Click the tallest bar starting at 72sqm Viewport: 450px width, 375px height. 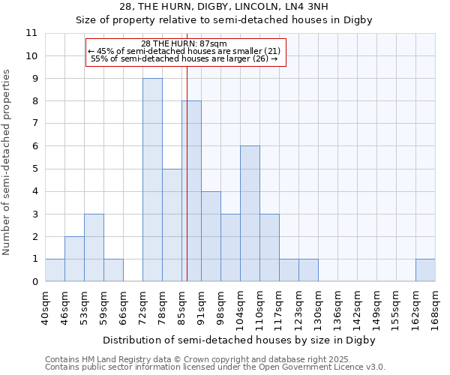tap(152, 180)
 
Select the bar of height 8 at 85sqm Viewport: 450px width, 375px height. tap(191, 191)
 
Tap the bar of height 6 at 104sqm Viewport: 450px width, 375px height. tap(250, 214)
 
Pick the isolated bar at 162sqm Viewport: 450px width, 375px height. tap(425, 270)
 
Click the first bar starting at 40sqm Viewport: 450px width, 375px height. tap(55, 270)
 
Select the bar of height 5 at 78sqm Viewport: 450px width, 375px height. tap(172, 225)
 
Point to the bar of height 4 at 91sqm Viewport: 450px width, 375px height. tap(211, 236)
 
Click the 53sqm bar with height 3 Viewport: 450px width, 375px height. tap(94, 247)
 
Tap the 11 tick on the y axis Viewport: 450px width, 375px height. tap(31, 34)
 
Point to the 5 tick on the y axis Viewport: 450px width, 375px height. tap(34, 169)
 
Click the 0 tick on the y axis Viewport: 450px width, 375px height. tap(34, 282)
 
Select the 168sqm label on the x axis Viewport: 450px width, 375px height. tap(436, 308)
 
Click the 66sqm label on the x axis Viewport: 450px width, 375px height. tap(124, 308)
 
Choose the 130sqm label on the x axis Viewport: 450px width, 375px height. tap(319, 308)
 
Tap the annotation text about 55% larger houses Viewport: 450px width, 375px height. tap(184, 58)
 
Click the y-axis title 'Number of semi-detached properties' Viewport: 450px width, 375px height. tap(7, 162)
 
